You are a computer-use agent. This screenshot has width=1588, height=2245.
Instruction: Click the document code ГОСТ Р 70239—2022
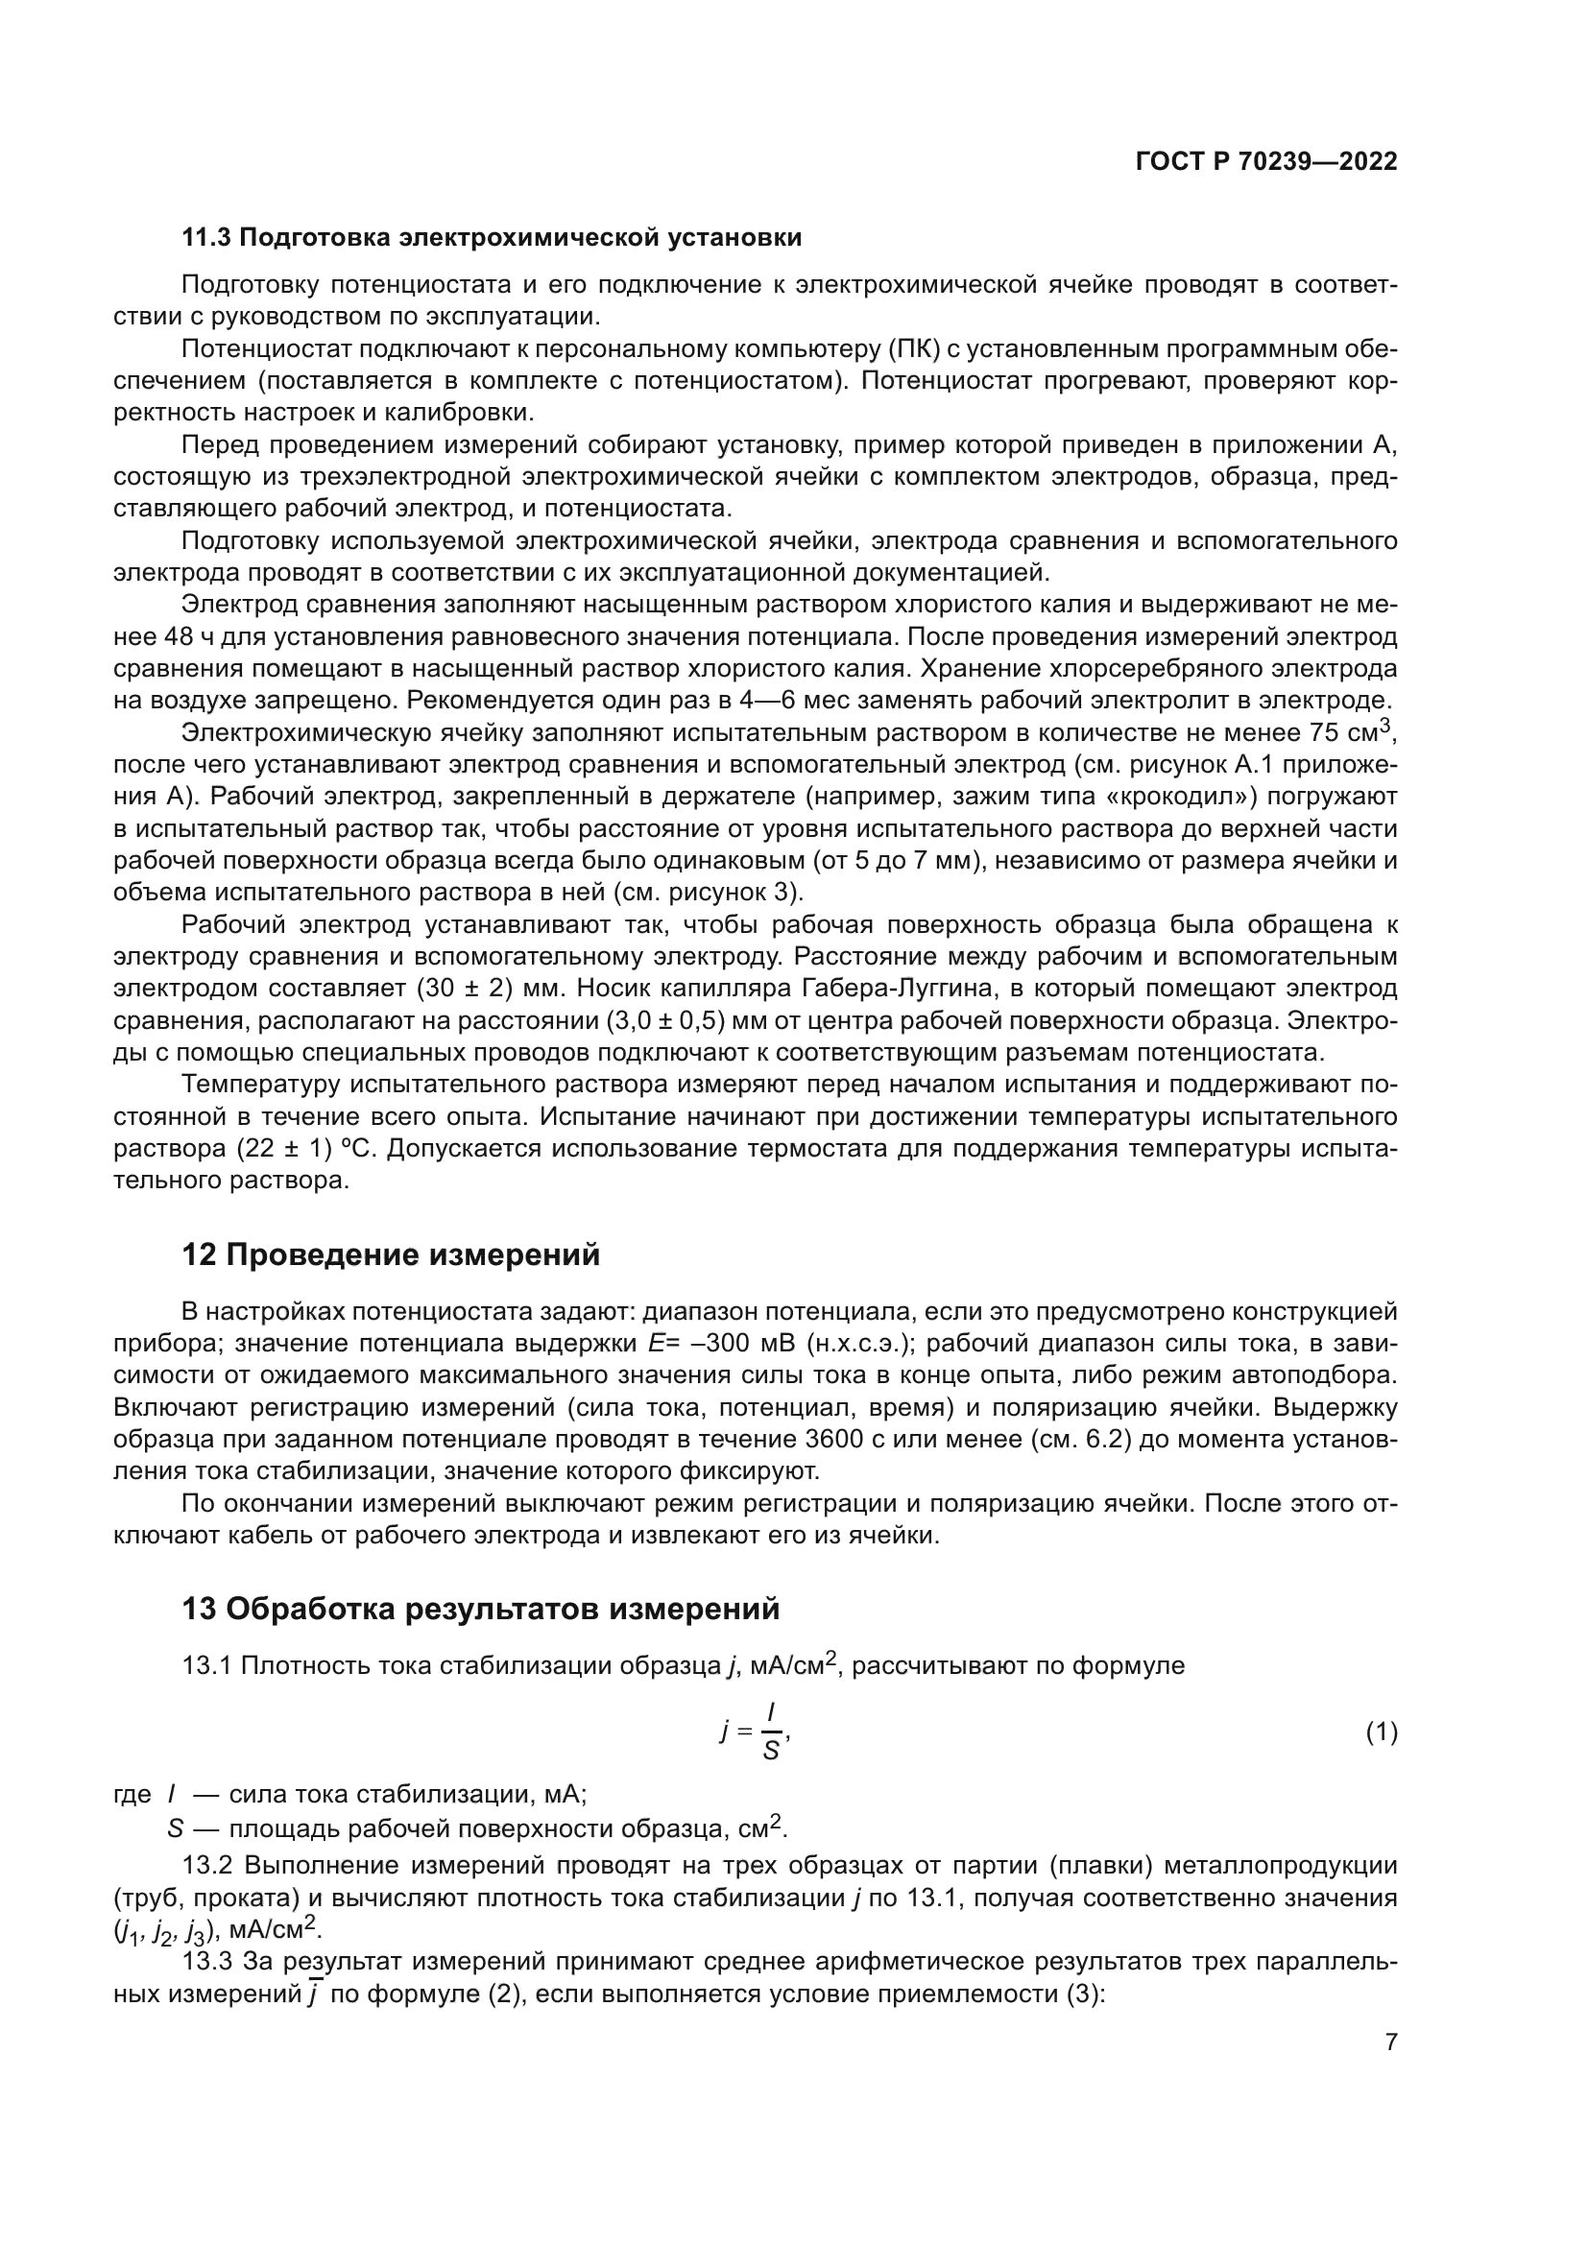(x=1266, y=162)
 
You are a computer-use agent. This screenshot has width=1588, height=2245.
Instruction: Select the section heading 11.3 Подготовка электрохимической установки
(x=492, y=238)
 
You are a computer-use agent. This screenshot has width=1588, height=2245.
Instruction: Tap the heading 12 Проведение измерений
(x=391, y=1254)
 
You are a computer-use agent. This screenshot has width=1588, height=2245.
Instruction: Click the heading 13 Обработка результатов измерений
(x=481, y=1608)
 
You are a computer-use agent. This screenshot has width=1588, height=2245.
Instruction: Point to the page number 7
(x=1391, y=2042)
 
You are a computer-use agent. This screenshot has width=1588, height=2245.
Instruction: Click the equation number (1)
(x=1381, y=1733)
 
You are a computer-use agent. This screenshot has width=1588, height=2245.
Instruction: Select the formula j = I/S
(x=755, y=1732)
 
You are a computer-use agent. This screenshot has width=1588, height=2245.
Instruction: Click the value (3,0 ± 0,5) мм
(x=681, y=1021)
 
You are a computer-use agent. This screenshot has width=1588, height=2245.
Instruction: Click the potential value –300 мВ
(x=741, y=1344)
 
